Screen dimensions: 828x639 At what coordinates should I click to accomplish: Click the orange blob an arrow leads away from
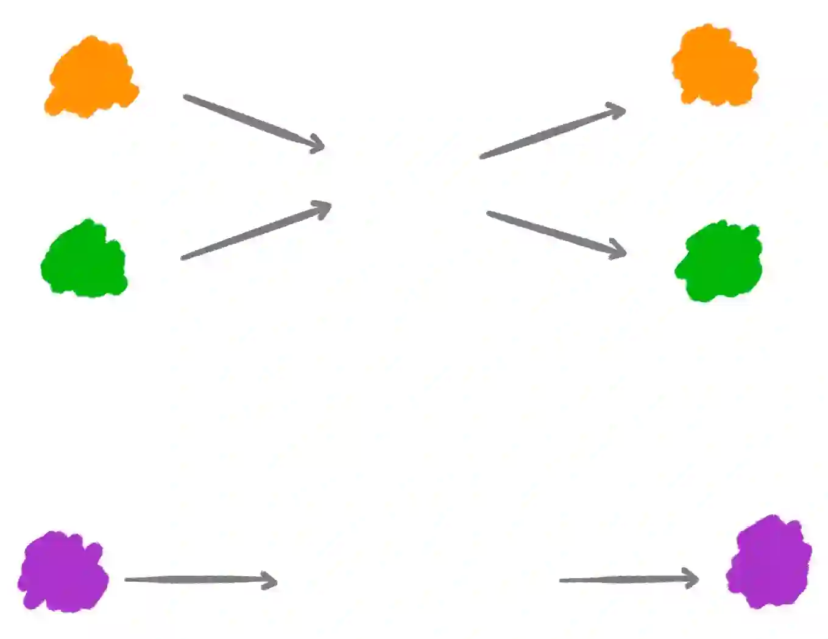(91, 78)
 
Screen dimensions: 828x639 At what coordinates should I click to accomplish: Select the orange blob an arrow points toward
(715, 66)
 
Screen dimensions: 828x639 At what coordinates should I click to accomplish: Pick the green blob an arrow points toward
(720, 261)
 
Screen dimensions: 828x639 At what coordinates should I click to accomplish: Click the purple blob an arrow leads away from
(64, 571)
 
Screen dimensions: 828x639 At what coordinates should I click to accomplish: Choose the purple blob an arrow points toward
(769, 562)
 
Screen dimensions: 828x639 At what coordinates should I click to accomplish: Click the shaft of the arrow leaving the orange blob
(250, 121)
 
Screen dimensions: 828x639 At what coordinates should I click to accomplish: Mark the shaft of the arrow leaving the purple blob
(195, 579)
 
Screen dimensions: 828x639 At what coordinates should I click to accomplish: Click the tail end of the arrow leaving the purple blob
(127, 579)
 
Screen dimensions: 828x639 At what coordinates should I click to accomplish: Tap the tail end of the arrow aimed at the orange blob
(483, 157)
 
